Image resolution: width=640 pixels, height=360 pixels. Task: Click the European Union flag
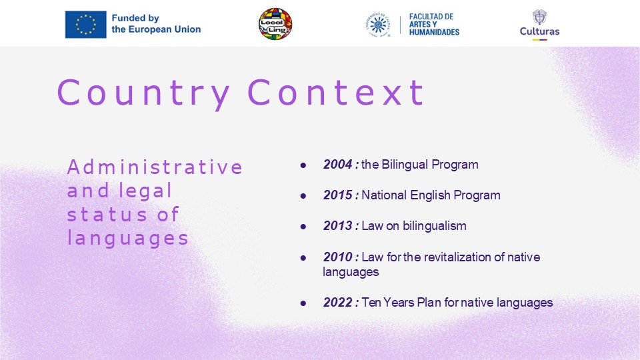[86, 25]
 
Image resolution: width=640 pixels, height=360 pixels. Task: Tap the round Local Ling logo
[275, 24]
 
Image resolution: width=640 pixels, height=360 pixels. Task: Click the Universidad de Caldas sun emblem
[378, 25]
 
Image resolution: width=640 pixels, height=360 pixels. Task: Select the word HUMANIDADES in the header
[434, 32]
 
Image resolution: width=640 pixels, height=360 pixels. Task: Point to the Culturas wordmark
[539, 31]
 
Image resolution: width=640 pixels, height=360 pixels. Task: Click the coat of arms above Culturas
[539, 17]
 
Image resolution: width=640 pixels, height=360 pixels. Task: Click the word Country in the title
[144, 93]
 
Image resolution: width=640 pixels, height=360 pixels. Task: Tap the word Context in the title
[335, 93]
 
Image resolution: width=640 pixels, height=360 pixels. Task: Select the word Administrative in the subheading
[155, 167]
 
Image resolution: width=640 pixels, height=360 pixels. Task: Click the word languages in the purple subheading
[128, 239]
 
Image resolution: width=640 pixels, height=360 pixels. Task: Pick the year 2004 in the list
[337, 165]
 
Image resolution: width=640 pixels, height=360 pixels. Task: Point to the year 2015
[337, 195]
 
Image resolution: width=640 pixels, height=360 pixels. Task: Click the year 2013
[337, 226]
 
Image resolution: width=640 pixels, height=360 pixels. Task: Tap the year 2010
[337, 257]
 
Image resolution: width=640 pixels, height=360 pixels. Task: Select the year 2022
[337, 303]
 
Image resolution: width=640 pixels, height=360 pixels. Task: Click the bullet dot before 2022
[303, 303]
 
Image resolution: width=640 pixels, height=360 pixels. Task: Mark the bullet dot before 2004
[303, 165]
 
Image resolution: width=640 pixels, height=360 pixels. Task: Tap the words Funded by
[135, 19]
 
